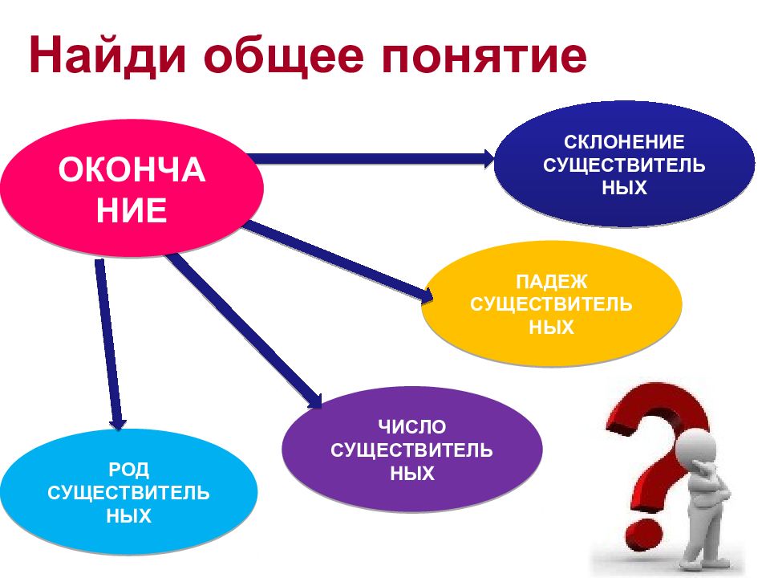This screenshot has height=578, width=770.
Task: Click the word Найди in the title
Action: coord(107,55)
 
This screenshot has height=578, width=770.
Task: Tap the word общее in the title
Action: coord(283,55)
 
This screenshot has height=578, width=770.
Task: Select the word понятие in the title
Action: coord(483,56)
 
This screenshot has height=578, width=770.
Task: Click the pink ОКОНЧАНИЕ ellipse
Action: coord(132,189)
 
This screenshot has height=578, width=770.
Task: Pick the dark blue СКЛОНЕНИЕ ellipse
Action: coord(624,164)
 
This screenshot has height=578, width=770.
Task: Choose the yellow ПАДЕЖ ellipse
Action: coord(552,303)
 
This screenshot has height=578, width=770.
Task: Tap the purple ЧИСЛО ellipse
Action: coord(412,450)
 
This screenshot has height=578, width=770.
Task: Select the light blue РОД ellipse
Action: coord(128,492)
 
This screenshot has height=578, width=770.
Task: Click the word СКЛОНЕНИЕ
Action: coord(624,141)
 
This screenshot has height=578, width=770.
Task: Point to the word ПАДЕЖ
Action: coord(552,282)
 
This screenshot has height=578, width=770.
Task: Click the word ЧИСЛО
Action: coord(412,426)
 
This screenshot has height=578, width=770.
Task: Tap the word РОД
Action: coord(128,470)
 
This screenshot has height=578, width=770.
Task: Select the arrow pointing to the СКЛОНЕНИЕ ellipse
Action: coord(371,158)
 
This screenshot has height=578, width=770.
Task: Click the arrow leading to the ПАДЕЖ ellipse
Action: coord(338,260)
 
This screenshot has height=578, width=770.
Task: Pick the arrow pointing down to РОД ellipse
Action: coord(109,344)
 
